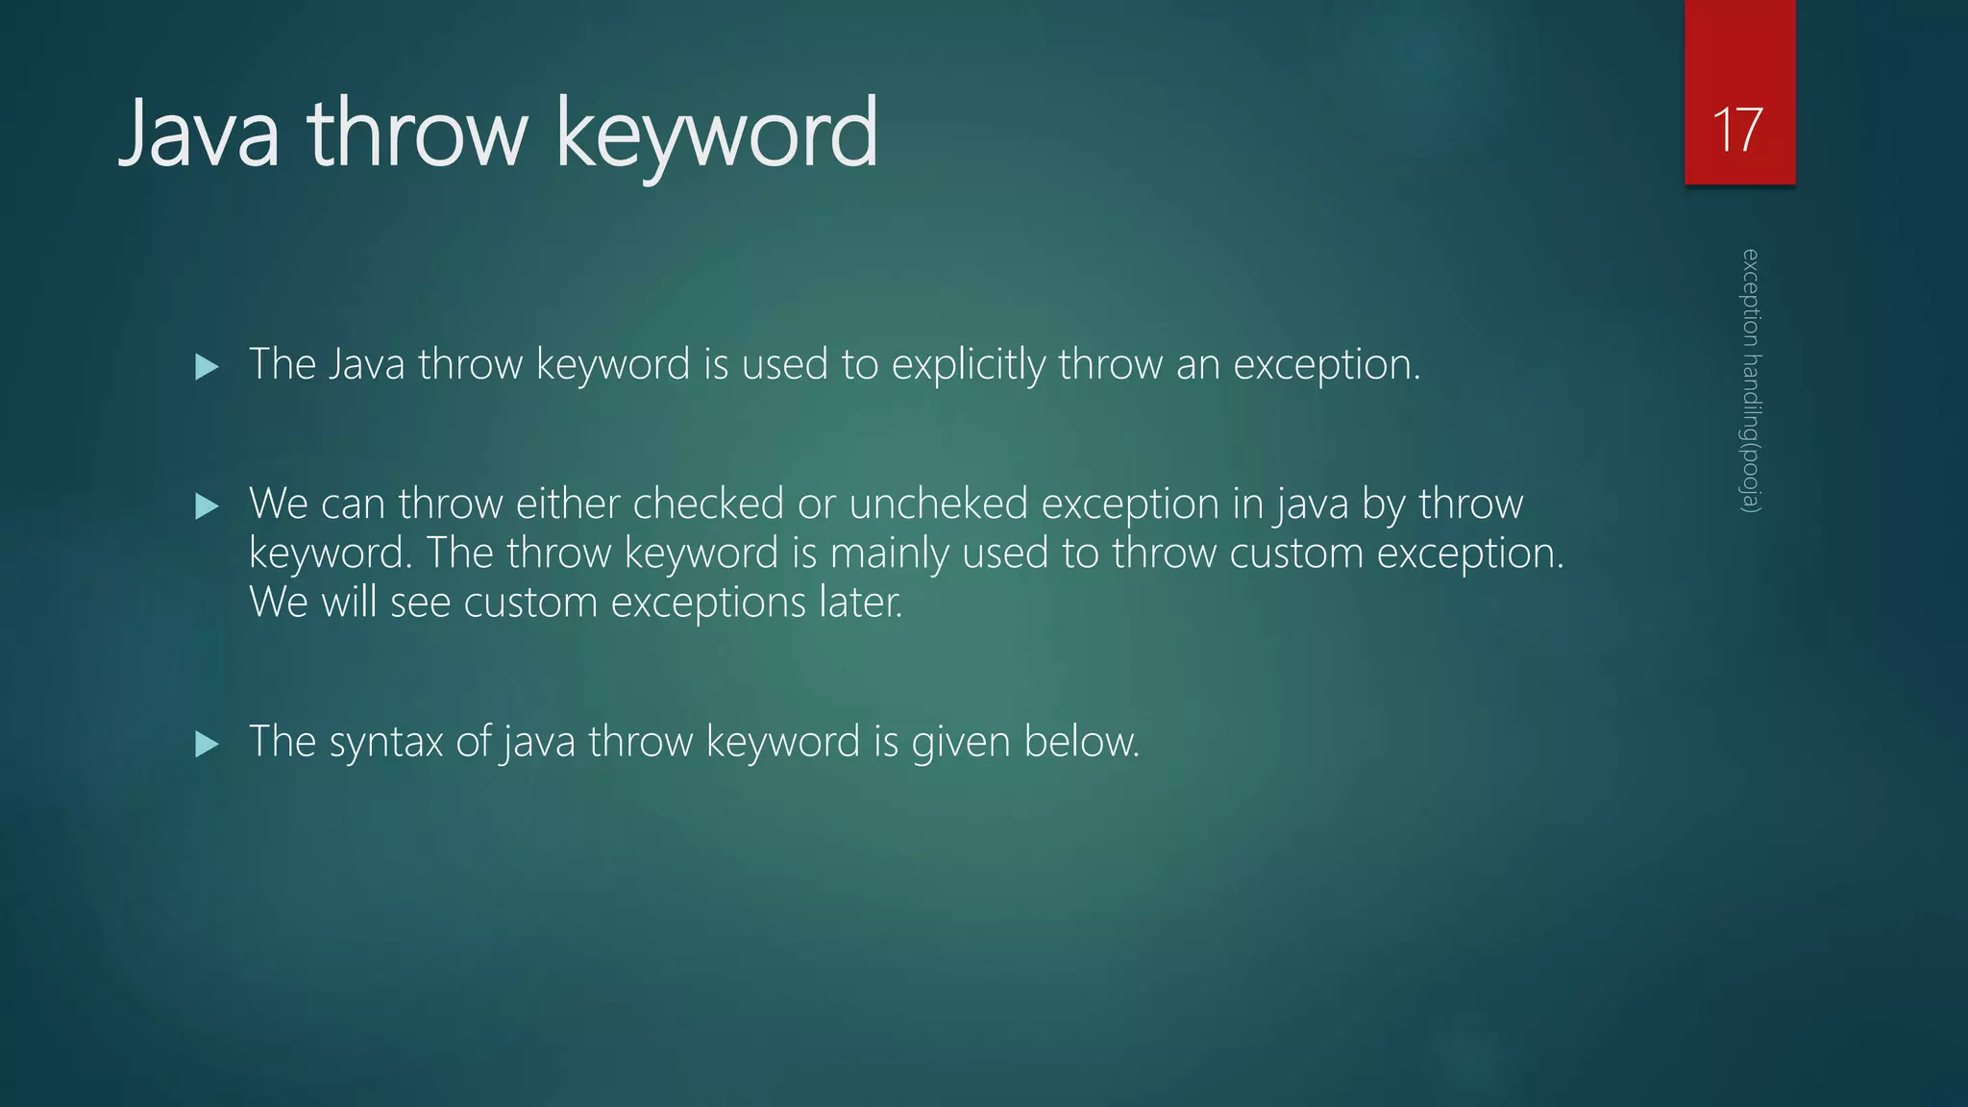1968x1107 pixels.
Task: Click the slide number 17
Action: click(1738, 129)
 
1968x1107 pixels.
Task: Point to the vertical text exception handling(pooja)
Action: click(1751, 381)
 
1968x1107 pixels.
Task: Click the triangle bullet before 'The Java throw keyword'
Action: click(207, 366)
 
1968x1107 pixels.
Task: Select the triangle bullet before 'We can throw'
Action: click(207, 506)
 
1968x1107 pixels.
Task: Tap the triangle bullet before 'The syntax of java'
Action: click(207, 744)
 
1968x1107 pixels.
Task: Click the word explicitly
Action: click(968, 365)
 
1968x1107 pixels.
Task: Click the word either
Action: click(568, 504)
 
